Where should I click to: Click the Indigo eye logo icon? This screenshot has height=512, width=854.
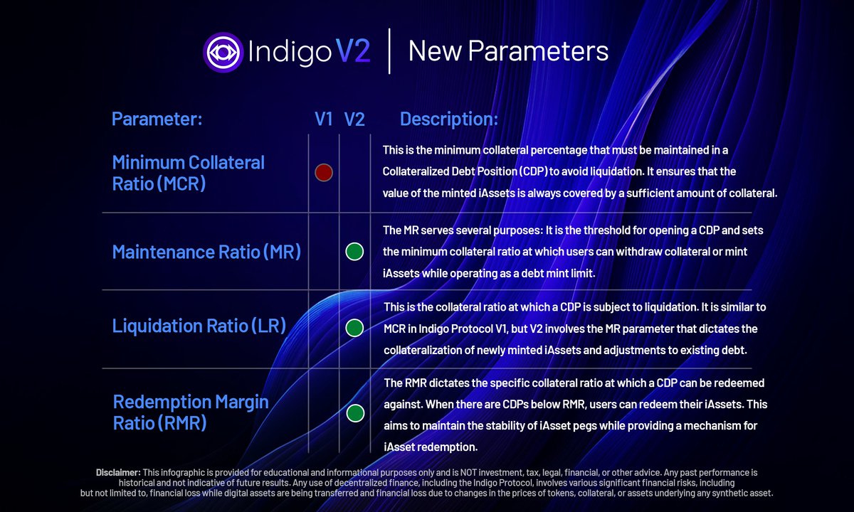(223, 51)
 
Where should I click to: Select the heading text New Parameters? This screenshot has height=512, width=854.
(508, 51)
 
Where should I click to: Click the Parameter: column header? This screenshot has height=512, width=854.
(157, 119)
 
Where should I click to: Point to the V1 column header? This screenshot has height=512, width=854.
(324, 119)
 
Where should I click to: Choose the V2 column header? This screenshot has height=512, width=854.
(354, 119)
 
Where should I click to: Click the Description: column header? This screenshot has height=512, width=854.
(449, 119)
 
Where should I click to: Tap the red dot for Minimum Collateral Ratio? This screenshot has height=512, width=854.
(324, 172)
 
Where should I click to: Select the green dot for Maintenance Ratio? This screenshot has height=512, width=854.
(354, 252)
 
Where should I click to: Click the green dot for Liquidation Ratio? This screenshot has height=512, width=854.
(354, 328)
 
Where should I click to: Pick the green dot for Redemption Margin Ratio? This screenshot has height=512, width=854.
(355, 413)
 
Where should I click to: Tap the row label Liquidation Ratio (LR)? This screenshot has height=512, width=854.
(199, 326)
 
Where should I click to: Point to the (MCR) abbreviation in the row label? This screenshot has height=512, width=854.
(181, 183)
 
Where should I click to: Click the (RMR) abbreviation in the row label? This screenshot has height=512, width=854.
(182, 424)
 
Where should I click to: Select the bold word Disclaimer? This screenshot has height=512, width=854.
(118, 473)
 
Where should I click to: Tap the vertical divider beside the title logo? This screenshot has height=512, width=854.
(389, 51)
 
